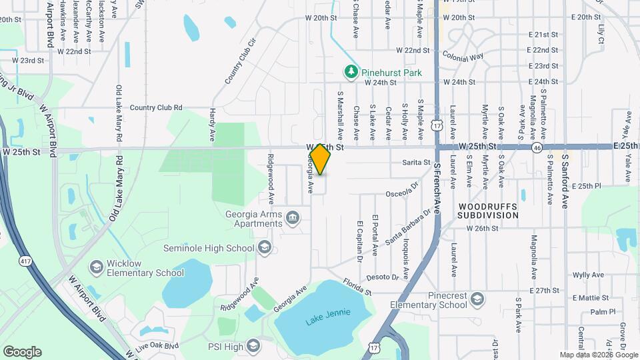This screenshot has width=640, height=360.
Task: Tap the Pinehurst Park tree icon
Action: point(351,71)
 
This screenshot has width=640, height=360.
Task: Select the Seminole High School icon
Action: point(264,248)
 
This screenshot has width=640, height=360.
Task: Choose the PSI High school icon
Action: point(253,345)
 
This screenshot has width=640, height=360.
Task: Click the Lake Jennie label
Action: point(327,319)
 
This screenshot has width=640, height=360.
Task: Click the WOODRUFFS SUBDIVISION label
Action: point(488,211)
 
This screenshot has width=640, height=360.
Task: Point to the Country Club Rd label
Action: point(156,107)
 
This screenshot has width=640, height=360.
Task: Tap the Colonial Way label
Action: point(462,57)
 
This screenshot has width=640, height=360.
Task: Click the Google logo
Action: point(22,352)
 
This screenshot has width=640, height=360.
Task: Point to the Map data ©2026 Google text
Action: point(598,355)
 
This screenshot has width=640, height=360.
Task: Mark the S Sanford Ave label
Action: point(564,180)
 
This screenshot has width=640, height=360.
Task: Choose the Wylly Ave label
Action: point(587,275)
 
